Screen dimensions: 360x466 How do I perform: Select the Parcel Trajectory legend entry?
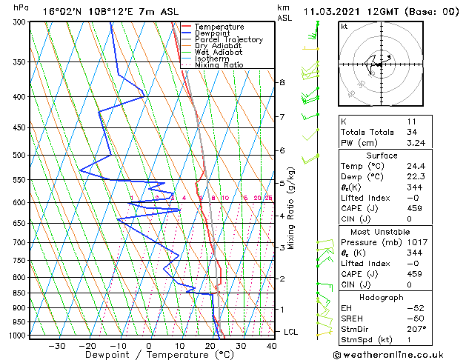coord(228,40)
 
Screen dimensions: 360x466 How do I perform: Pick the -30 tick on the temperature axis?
coord(56,346)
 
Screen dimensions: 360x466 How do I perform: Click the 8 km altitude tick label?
coord(282,82)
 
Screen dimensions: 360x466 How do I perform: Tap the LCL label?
coord(291,332)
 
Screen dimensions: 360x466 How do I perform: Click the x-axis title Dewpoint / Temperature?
coord(150,355)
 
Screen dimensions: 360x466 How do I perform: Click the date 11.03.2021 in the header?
coord(333,12)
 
